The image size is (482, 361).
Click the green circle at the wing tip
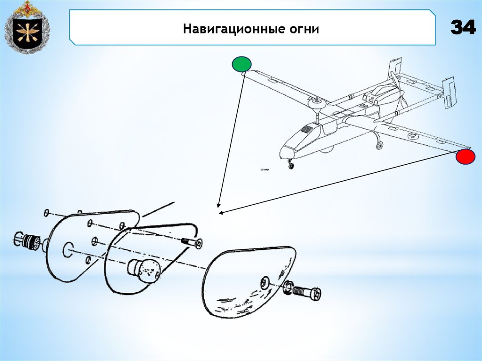click(x=241, y=64)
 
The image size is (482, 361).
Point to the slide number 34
click(x=463, y=28)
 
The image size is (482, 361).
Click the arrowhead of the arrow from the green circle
click(x=217, y=206)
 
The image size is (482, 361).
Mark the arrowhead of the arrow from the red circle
click(x=220, y=213)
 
